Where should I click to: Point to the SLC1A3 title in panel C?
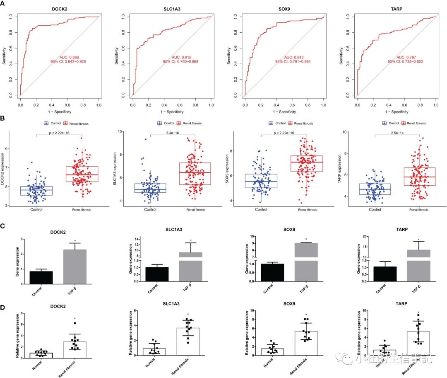tap(170, 230)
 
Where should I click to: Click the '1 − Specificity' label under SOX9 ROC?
tap(284, 111)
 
